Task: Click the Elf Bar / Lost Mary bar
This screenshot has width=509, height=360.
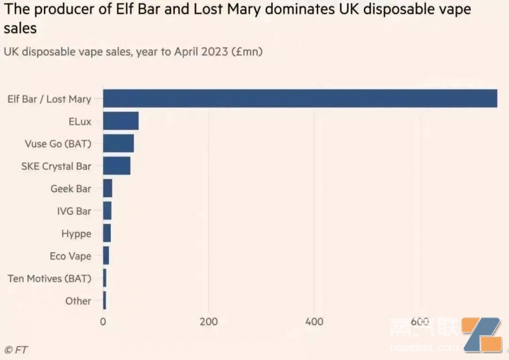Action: [x=300, y=99]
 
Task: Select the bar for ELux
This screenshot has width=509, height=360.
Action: [x=120, y=121]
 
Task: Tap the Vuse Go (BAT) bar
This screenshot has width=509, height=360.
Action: [x=118, y=144]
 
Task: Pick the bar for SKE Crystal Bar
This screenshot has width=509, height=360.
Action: [x=116, y=166]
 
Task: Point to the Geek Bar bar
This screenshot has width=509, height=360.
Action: [x=108, y=189]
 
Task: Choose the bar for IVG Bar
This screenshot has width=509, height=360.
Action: [x=107, y=211]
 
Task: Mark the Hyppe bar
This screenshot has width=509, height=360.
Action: [x=107, y=233]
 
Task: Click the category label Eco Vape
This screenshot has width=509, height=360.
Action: [x=71, y=256]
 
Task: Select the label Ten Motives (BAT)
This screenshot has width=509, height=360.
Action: [x=49, y=279]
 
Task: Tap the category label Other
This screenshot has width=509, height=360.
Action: [x=78, y=301]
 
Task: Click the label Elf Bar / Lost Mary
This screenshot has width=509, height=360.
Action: [x=49, y=99]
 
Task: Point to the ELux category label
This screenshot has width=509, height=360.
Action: [x=80, y=121]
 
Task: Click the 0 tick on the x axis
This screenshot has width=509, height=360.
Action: [x=103, y=321]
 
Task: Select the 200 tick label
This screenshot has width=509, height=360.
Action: [x=209, y=321]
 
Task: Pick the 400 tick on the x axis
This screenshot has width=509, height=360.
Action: [x=314, y=321]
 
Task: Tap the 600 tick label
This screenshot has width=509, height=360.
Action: [x=420, y=321]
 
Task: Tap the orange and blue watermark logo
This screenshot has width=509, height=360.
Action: [x=484, y=335]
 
